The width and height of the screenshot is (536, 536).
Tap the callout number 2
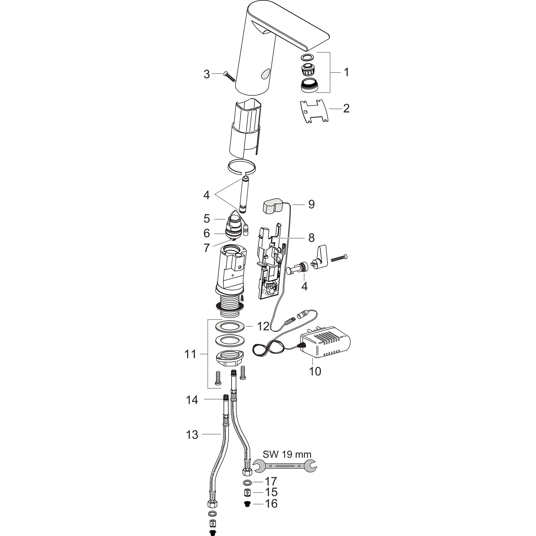(x=346, y=108)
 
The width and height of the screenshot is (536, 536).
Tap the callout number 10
(x=315, y=371)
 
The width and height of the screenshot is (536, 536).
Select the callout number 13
(x=192, y=435)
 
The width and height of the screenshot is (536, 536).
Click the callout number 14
(x=192, y=400)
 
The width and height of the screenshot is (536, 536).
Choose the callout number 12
(x=263, y=327)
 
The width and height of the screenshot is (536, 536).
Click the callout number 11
(x=190, y=354)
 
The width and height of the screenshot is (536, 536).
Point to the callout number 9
(x=311, y=204)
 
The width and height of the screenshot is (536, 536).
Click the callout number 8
(x=311, y=238)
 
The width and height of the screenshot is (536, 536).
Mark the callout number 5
(x=206, y=219)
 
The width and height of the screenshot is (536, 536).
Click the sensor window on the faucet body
(x=265, y=74)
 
